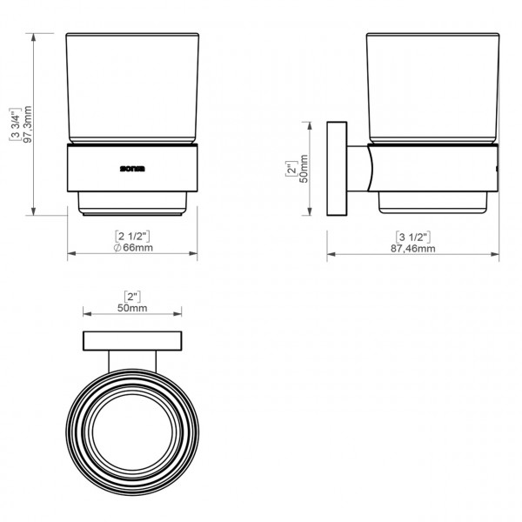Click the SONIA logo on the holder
click(134, 163)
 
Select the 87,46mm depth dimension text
click(413, 249)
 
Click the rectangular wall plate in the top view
click(133, 341)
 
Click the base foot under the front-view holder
click(133, 204)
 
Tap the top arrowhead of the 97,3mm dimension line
click(34, 37)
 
